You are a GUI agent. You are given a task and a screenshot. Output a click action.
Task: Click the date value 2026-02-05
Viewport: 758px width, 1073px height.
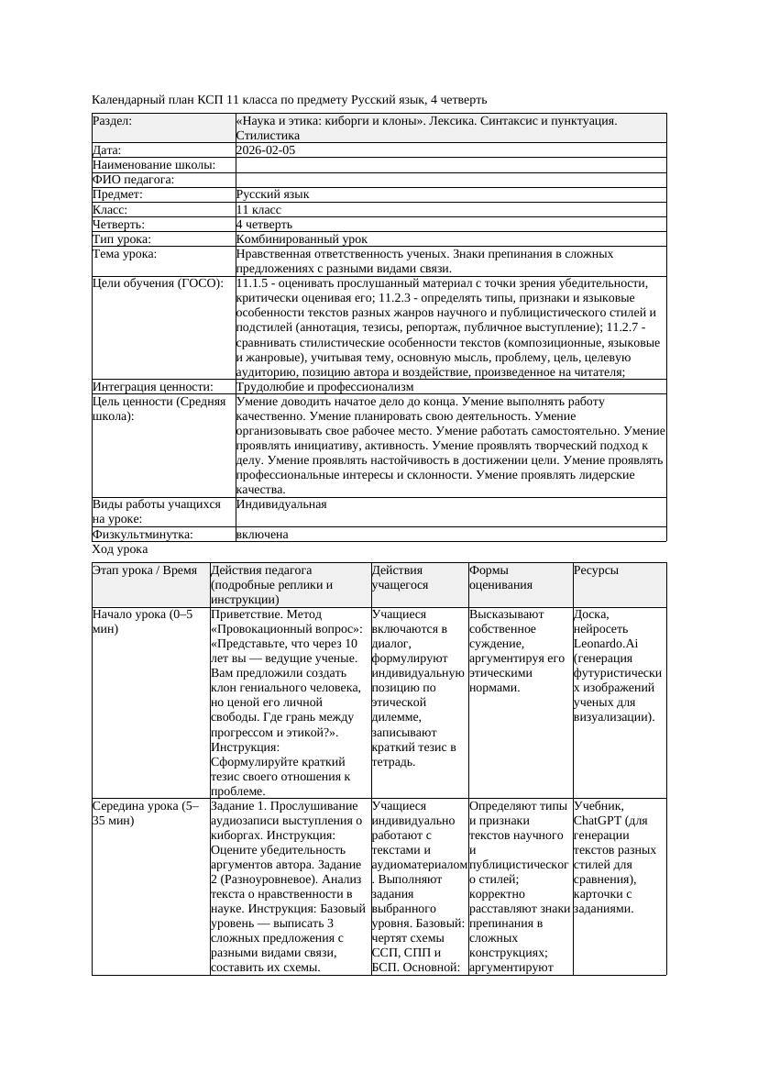pyautogui.click(x=266, y=150)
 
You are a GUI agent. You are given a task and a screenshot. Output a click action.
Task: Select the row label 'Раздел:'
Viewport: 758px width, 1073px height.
pyautogui.click(x=113, y=121)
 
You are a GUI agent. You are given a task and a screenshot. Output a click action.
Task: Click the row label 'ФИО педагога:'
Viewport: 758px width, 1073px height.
pyautogui.click(x=134, y=180)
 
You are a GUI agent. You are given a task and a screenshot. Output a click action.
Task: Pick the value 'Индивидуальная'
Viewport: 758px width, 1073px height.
pyautogui.click(x=281, y=504)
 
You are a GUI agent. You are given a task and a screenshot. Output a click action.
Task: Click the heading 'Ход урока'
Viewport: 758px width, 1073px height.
pyautogui.click(x=120, y=549)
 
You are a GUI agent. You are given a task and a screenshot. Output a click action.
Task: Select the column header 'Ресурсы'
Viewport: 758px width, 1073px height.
pyautogui.click(x=596, y=570)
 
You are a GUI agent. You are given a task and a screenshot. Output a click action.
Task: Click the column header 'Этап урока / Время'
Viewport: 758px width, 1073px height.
pyautogui.click(x=145, y=570)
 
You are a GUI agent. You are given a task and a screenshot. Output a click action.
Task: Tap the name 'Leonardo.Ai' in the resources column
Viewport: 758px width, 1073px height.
pyautogui.click(x=606, y=644)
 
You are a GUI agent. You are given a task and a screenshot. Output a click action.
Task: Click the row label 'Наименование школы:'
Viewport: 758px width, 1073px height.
pyautogui.click(x=154, y=165)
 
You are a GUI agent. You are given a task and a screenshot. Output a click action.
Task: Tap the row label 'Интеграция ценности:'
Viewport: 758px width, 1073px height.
pyautogui.click(x=153, y=387)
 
